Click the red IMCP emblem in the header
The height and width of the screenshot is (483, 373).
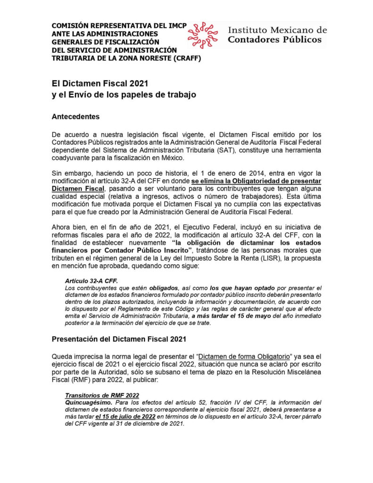203,34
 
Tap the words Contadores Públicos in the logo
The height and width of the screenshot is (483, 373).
274,40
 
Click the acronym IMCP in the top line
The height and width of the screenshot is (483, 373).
174,25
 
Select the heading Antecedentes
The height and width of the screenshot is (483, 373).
76,116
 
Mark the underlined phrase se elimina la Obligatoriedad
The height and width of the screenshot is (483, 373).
238,181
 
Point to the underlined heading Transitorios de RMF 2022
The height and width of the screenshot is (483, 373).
102,395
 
